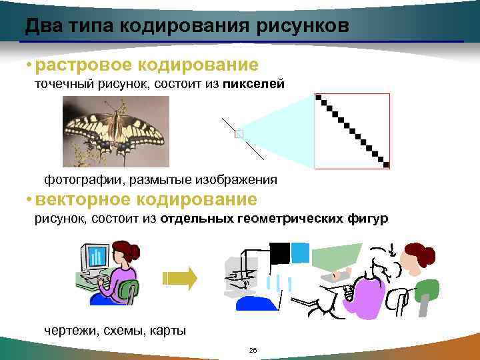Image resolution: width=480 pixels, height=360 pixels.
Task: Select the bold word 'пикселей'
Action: (254, 84)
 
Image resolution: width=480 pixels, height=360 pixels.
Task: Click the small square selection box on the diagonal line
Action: (239, 134)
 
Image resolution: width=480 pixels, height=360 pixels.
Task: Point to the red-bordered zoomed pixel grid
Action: (352, 131)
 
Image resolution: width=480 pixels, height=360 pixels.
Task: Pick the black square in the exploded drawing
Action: (279, 254)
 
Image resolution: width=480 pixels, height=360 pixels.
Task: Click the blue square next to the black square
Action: (301, 253)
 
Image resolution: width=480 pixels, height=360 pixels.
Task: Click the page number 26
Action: (252, 350)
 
